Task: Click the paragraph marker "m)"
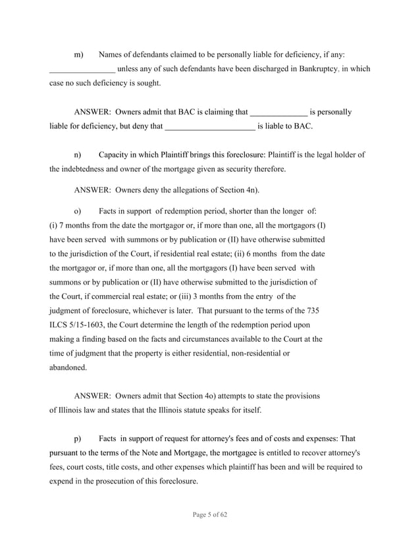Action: tap(78, 53)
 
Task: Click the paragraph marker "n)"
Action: tap(78, 155)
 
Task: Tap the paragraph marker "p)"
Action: tap(78, 438)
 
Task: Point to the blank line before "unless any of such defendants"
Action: tap(82, 70)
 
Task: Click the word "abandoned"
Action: tap(67, 367)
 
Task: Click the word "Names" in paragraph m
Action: tap(111, 53)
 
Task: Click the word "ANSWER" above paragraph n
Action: tap(92, 112)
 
